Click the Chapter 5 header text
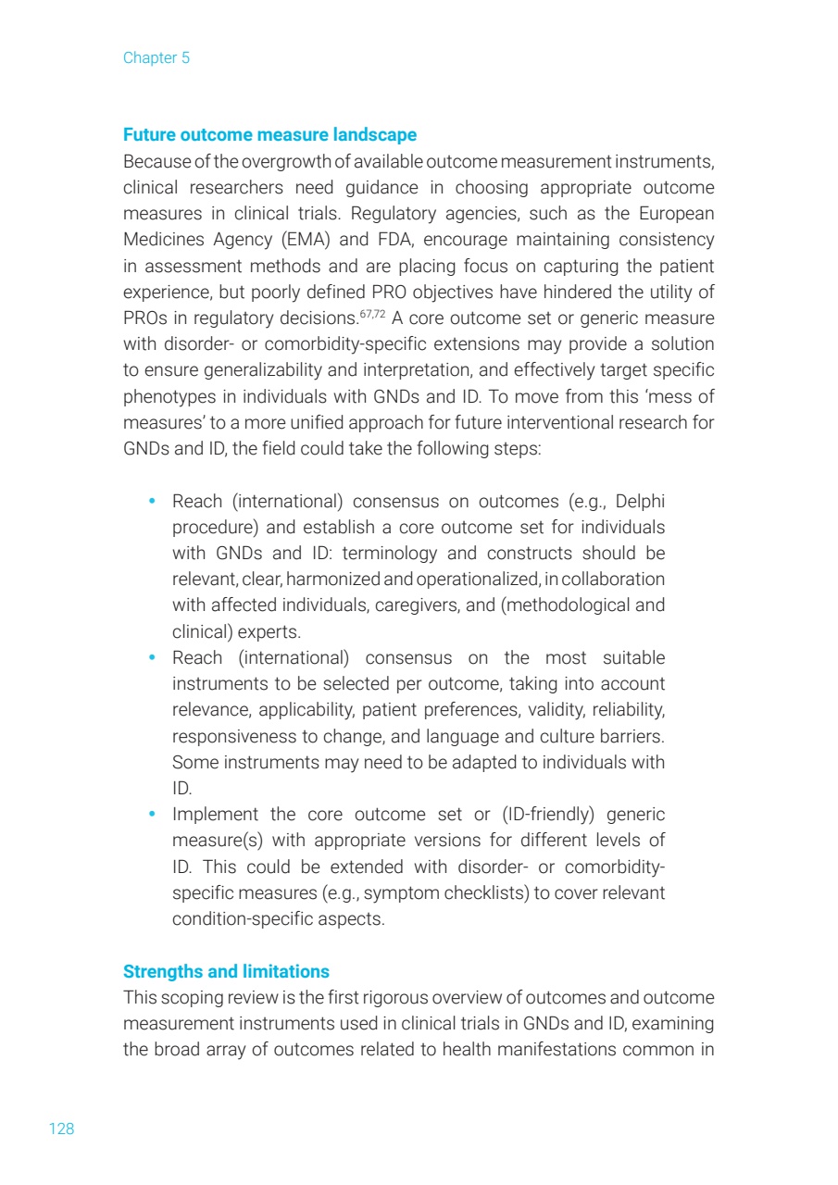click(x=156, y=58)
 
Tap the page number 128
click(x=61, y=1129)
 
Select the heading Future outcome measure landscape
click(x=269, y=135)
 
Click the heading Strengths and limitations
click(x=226, y=972)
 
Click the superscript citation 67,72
click(x=374, y=315)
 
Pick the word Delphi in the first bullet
click(x=640, y=502)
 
